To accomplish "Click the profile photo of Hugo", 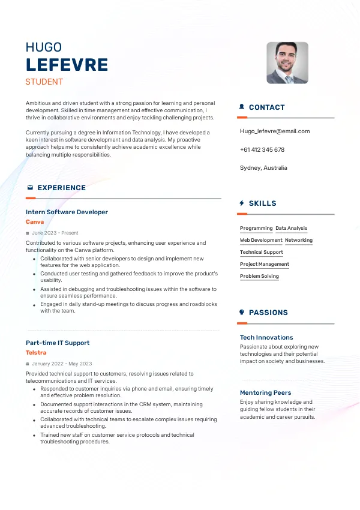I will [x=287, y=62].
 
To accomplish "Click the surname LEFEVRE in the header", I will [x=67, y=65].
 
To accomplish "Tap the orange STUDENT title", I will [x=44, y=82].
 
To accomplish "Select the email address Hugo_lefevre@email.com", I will [x=274, y=131].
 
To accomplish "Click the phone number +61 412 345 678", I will [x=262, y=149].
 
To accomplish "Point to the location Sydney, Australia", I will [x=263, y=168].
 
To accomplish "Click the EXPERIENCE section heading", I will [x=61, y=188].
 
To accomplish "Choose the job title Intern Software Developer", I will [x=67, y=212].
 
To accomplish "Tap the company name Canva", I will [x=35, y=222].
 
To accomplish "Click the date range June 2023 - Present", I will [x=55, y=233].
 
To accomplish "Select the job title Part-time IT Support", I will [x=58, y=343].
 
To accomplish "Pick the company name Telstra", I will [x=36, y=353].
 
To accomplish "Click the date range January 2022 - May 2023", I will [x=61, y=364].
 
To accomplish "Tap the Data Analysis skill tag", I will [x=291, y=228].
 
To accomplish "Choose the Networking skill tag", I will [x=298, y=240].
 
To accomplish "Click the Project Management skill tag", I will [x=264, y=264].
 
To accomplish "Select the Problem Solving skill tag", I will [x=259, y=276].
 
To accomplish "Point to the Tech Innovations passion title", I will [x=266, y=337].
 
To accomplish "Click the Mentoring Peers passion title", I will [x=265, y=392].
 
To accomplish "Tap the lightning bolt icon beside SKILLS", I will [x=241, y=203].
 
